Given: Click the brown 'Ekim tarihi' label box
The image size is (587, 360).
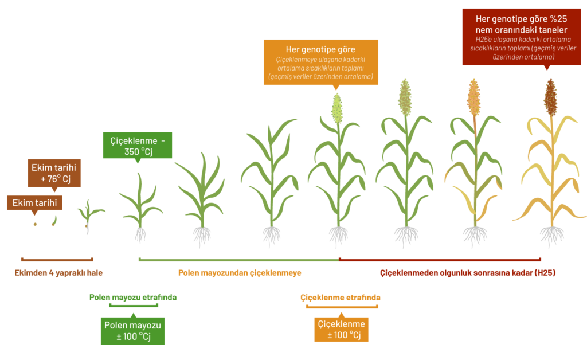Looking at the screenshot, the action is (x=34, y=203).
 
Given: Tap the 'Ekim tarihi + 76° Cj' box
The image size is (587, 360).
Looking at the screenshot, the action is (x=54, y=173).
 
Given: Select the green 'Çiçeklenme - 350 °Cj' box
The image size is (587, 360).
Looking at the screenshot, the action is (x=138, y=145).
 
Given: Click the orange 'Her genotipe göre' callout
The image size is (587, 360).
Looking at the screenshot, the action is (x=321, y=62).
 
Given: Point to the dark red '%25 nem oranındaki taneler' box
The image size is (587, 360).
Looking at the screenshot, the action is (x=522, y=37).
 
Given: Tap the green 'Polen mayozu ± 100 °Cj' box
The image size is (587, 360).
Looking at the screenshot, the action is (x=132, y=331).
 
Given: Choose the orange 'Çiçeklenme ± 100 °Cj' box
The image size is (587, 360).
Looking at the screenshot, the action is (x=341, y=329).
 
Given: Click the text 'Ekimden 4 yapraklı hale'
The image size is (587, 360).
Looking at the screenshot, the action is (x=58, y=273).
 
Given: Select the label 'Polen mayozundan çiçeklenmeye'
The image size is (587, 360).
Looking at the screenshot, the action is (x=240, y=273).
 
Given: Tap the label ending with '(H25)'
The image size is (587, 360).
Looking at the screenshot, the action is (x=468, y=273).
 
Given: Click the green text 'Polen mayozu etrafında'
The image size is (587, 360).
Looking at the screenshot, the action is (x=133, y=297).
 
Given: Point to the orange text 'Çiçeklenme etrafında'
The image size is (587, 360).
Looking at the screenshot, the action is (x=341, y=298).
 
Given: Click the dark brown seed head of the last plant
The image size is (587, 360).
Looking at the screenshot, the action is (x=550, y=97).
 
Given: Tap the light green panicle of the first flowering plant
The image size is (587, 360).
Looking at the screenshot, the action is (x=337, y=108).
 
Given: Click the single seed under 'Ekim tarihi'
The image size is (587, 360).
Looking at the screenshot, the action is (x=35, y=224).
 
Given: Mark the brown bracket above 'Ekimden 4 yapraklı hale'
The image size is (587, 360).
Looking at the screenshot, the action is (x=57, y=259).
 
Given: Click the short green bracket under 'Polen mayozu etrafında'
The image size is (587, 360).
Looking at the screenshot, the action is (x=134, y=306).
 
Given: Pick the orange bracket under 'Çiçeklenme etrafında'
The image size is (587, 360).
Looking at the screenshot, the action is (x=342, y=307).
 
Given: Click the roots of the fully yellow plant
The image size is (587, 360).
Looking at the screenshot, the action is (x=552, y=236).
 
